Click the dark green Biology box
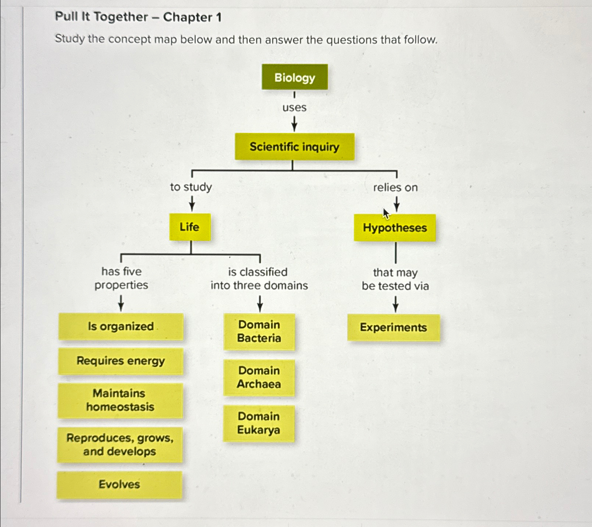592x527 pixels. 295,77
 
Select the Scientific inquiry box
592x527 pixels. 295,147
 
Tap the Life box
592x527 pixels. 190,227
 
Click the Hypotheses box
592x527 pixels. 395,228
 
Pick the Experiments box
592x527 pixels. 393,327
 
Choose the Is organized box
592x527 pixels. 121,326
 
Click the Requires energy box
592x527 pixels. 121,361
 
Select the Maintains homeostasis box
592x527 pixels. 120,400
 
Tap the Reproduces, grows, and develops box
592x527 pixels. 120,445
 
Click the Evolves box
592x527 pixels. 119,484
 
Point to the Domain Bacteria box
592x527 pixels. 259,331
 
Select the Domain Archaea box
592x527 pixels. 259,377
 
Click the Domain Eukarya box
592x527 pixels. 259,423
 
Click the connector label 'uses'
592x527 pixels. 294,108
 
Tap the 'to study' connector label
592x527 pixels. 191,187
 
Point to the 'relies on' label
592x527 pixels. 395,188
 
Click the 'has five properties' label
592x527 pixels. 121,278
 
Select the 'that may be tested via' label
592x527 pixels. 395,279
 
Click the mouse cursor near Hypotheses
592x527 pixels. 386,213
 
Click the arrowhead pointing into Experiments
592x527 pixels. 395,309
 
